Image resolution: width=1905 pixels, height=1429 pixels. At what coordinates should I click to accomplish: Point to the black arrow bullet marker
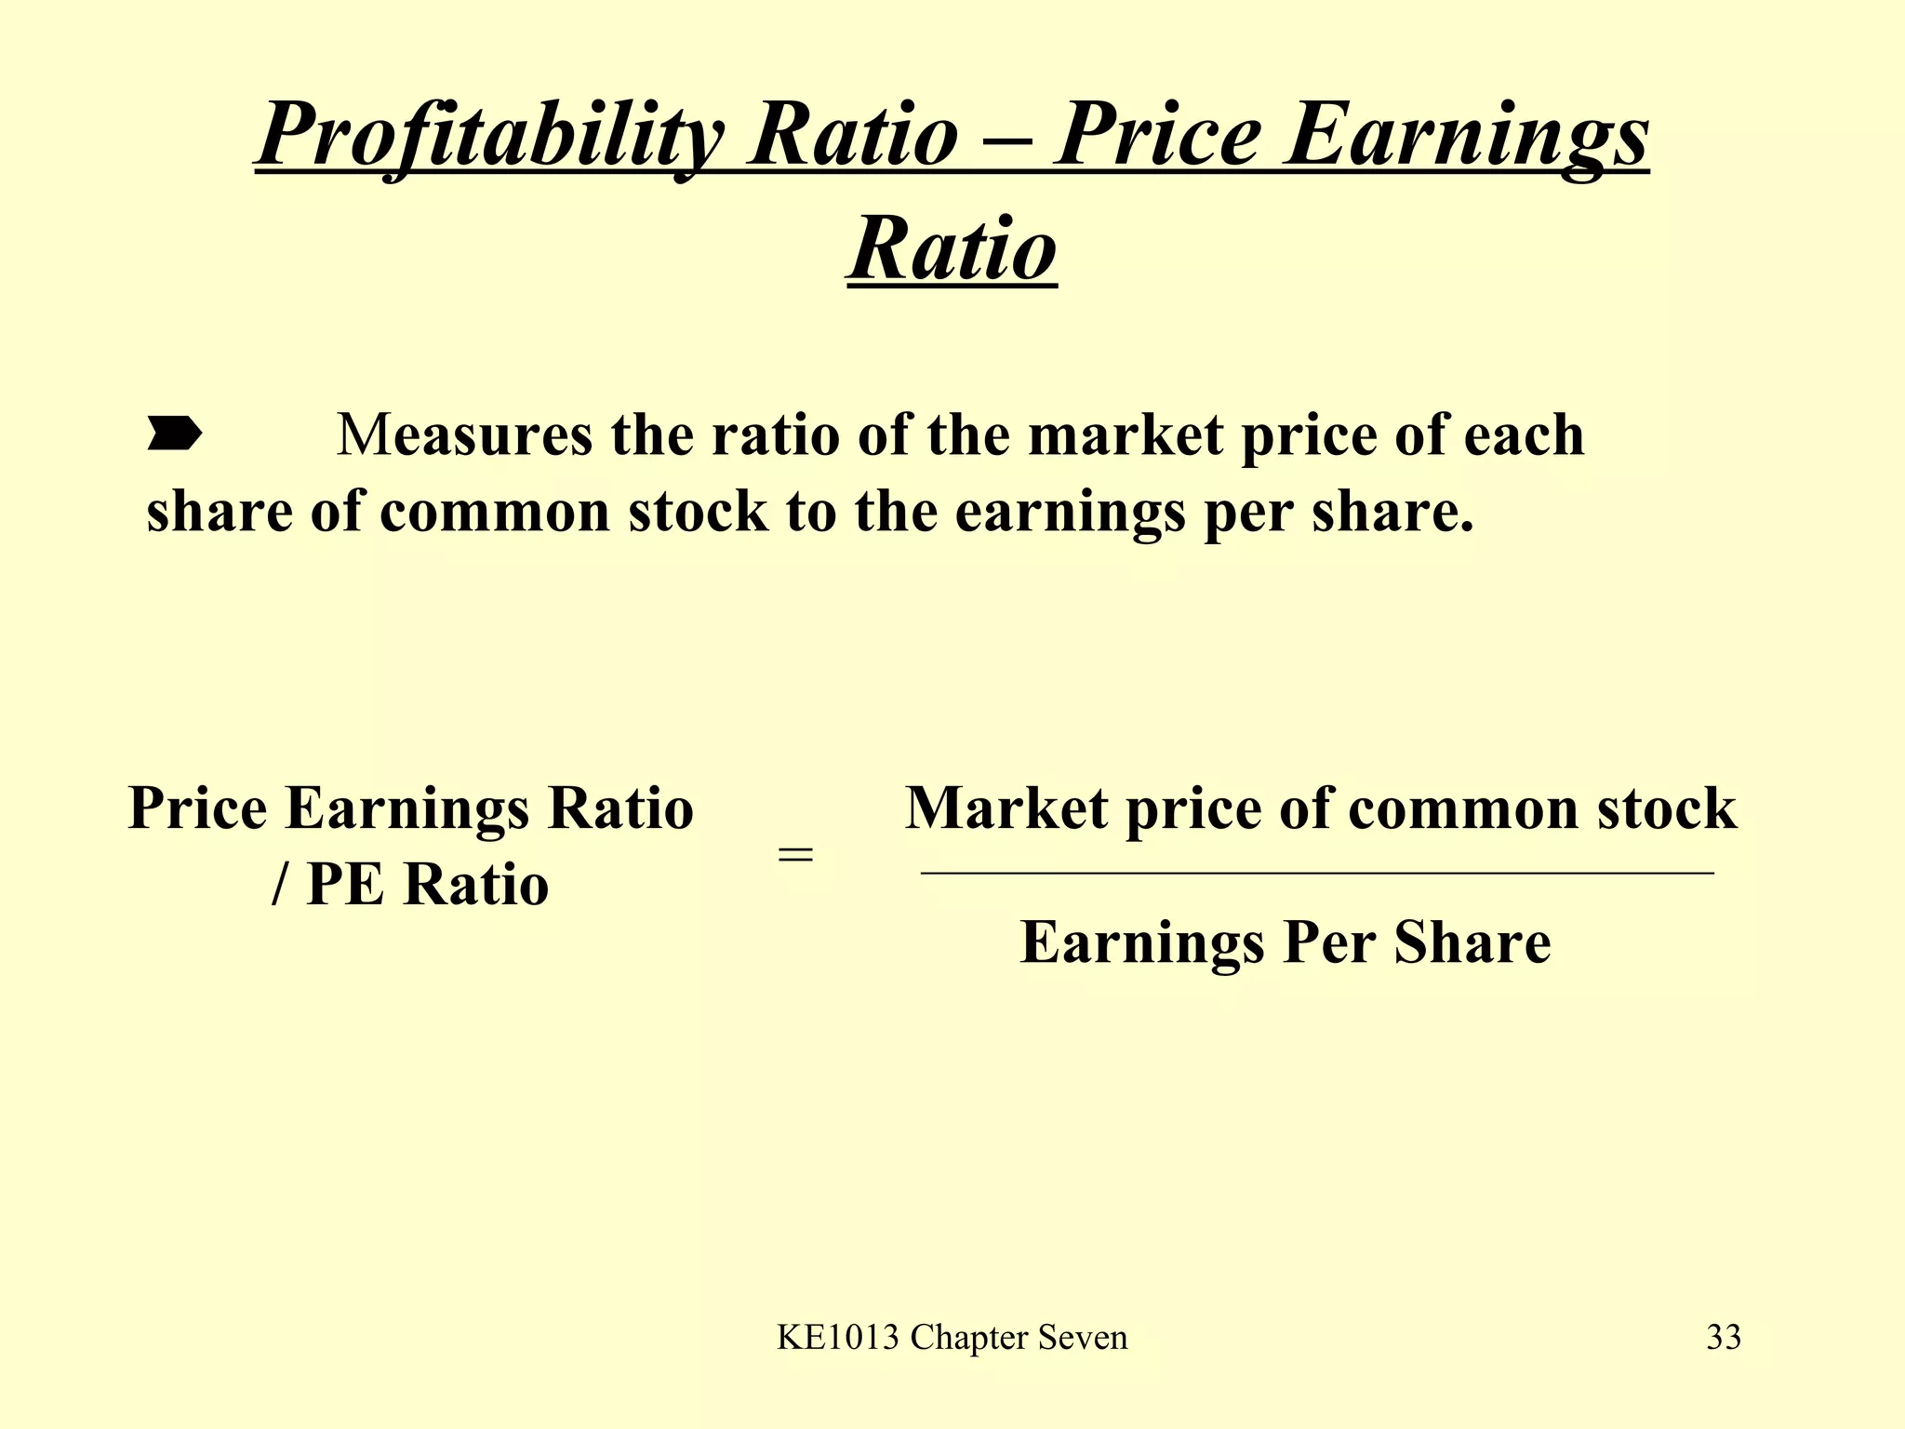click(x=174, y=434)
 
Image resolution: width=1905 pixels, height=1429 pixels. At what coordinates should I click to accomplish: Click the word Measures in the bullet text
click(x=464, y=434)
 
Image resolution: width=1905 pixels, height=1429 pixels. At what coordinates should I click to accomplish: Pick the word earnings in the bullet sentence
click(x=1070, y=512)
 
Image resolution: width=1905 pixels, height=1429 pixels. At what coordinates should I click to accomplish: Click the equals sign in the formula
click(x=795, y=853)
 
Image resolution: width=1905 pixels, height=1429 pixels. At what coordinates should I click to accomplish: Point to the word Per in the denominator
click(x=1328, y=942)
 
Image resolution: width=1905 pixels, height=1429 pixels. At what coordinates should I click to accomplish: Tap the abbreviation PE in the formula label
click(x=345, y=884)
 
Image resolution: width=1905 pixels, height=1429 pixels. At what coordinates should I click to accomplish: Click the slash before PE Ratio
click(x=280, y=884)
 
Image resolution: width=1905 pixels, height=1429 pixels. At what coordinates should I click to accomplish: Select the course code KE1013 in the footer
click(x=838, y=1338)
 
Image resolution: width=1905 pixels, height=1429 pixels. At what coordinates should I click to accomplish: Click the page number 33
click(x=1724, y=1338)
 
